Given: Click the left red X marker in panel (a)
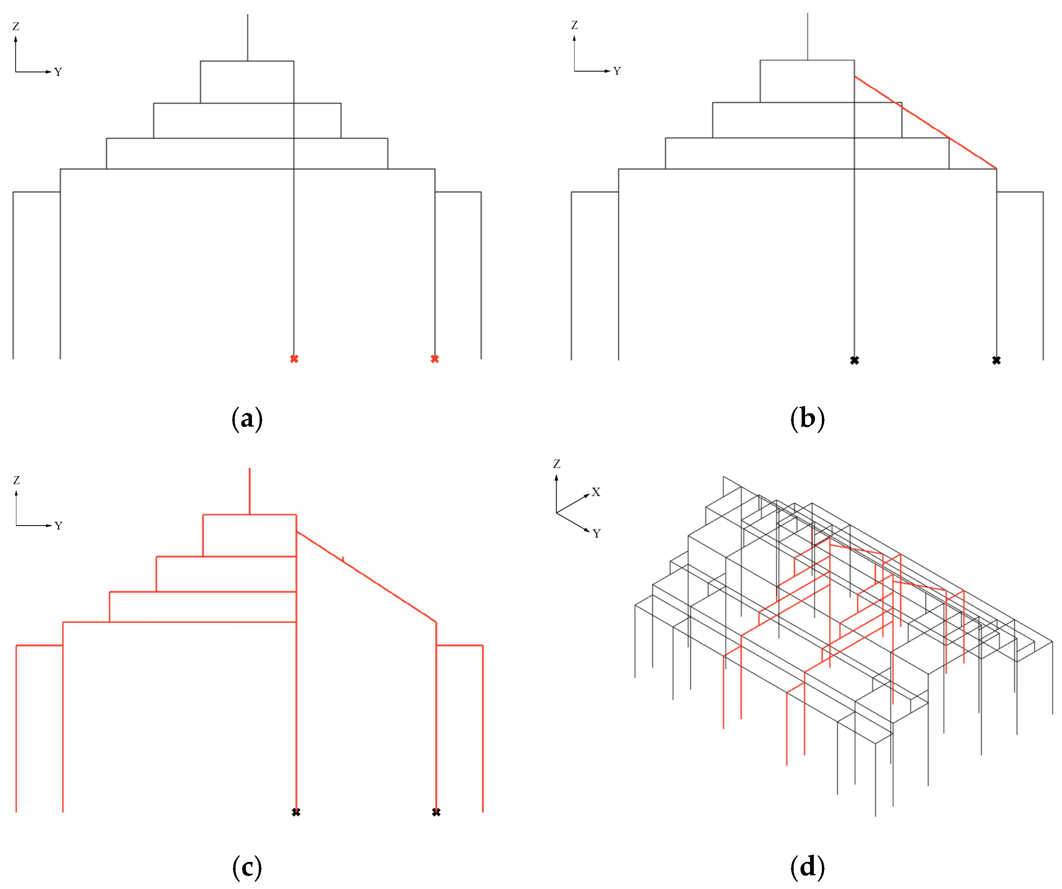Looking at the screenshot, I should coord(294,359).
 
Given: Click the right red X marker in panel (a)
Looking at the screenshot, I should coord(435,359).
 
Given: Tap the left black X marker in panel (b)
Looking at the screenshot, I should coord(854,360).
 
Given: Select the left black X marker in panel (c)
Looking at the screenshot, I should coord(296,812).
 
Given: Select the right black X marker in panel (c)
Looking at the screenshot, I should coord(436,812).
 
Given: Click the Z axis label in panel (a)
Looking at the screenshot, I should coord(16,26).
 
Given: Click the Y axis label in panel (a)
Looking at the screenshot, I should coord(58,72).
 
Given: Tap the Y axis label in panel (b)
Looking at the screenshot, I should coord(617,71).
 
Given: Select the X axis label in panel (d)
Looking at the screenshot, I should coord(596,492).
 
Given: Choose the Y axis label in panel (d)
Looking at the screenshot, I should coord(597,534).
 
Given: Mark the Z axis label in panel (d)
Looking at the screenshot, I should coord(557,464).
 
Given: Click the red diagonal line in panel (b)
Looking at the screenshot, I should coord(926,122).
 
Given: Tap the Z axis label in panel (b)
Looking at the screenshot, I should coord(574,25).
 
